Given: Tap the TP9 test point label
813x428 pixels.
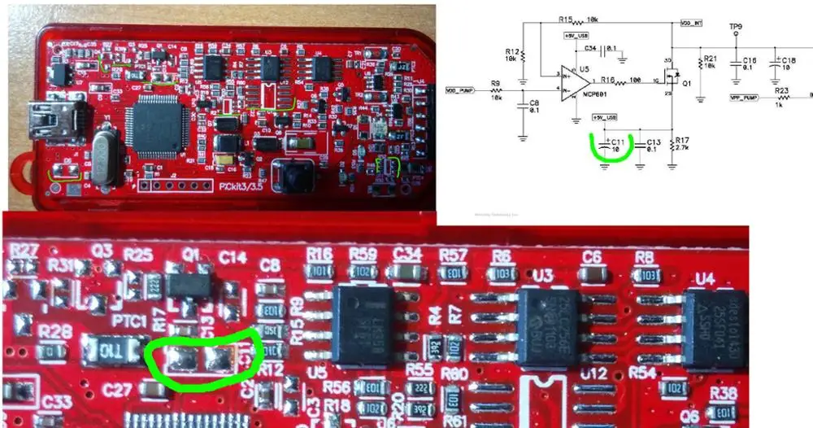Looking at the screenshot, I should (735, 26).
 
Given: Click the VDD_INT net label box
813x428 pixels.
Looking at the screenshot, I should (690, 23).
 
